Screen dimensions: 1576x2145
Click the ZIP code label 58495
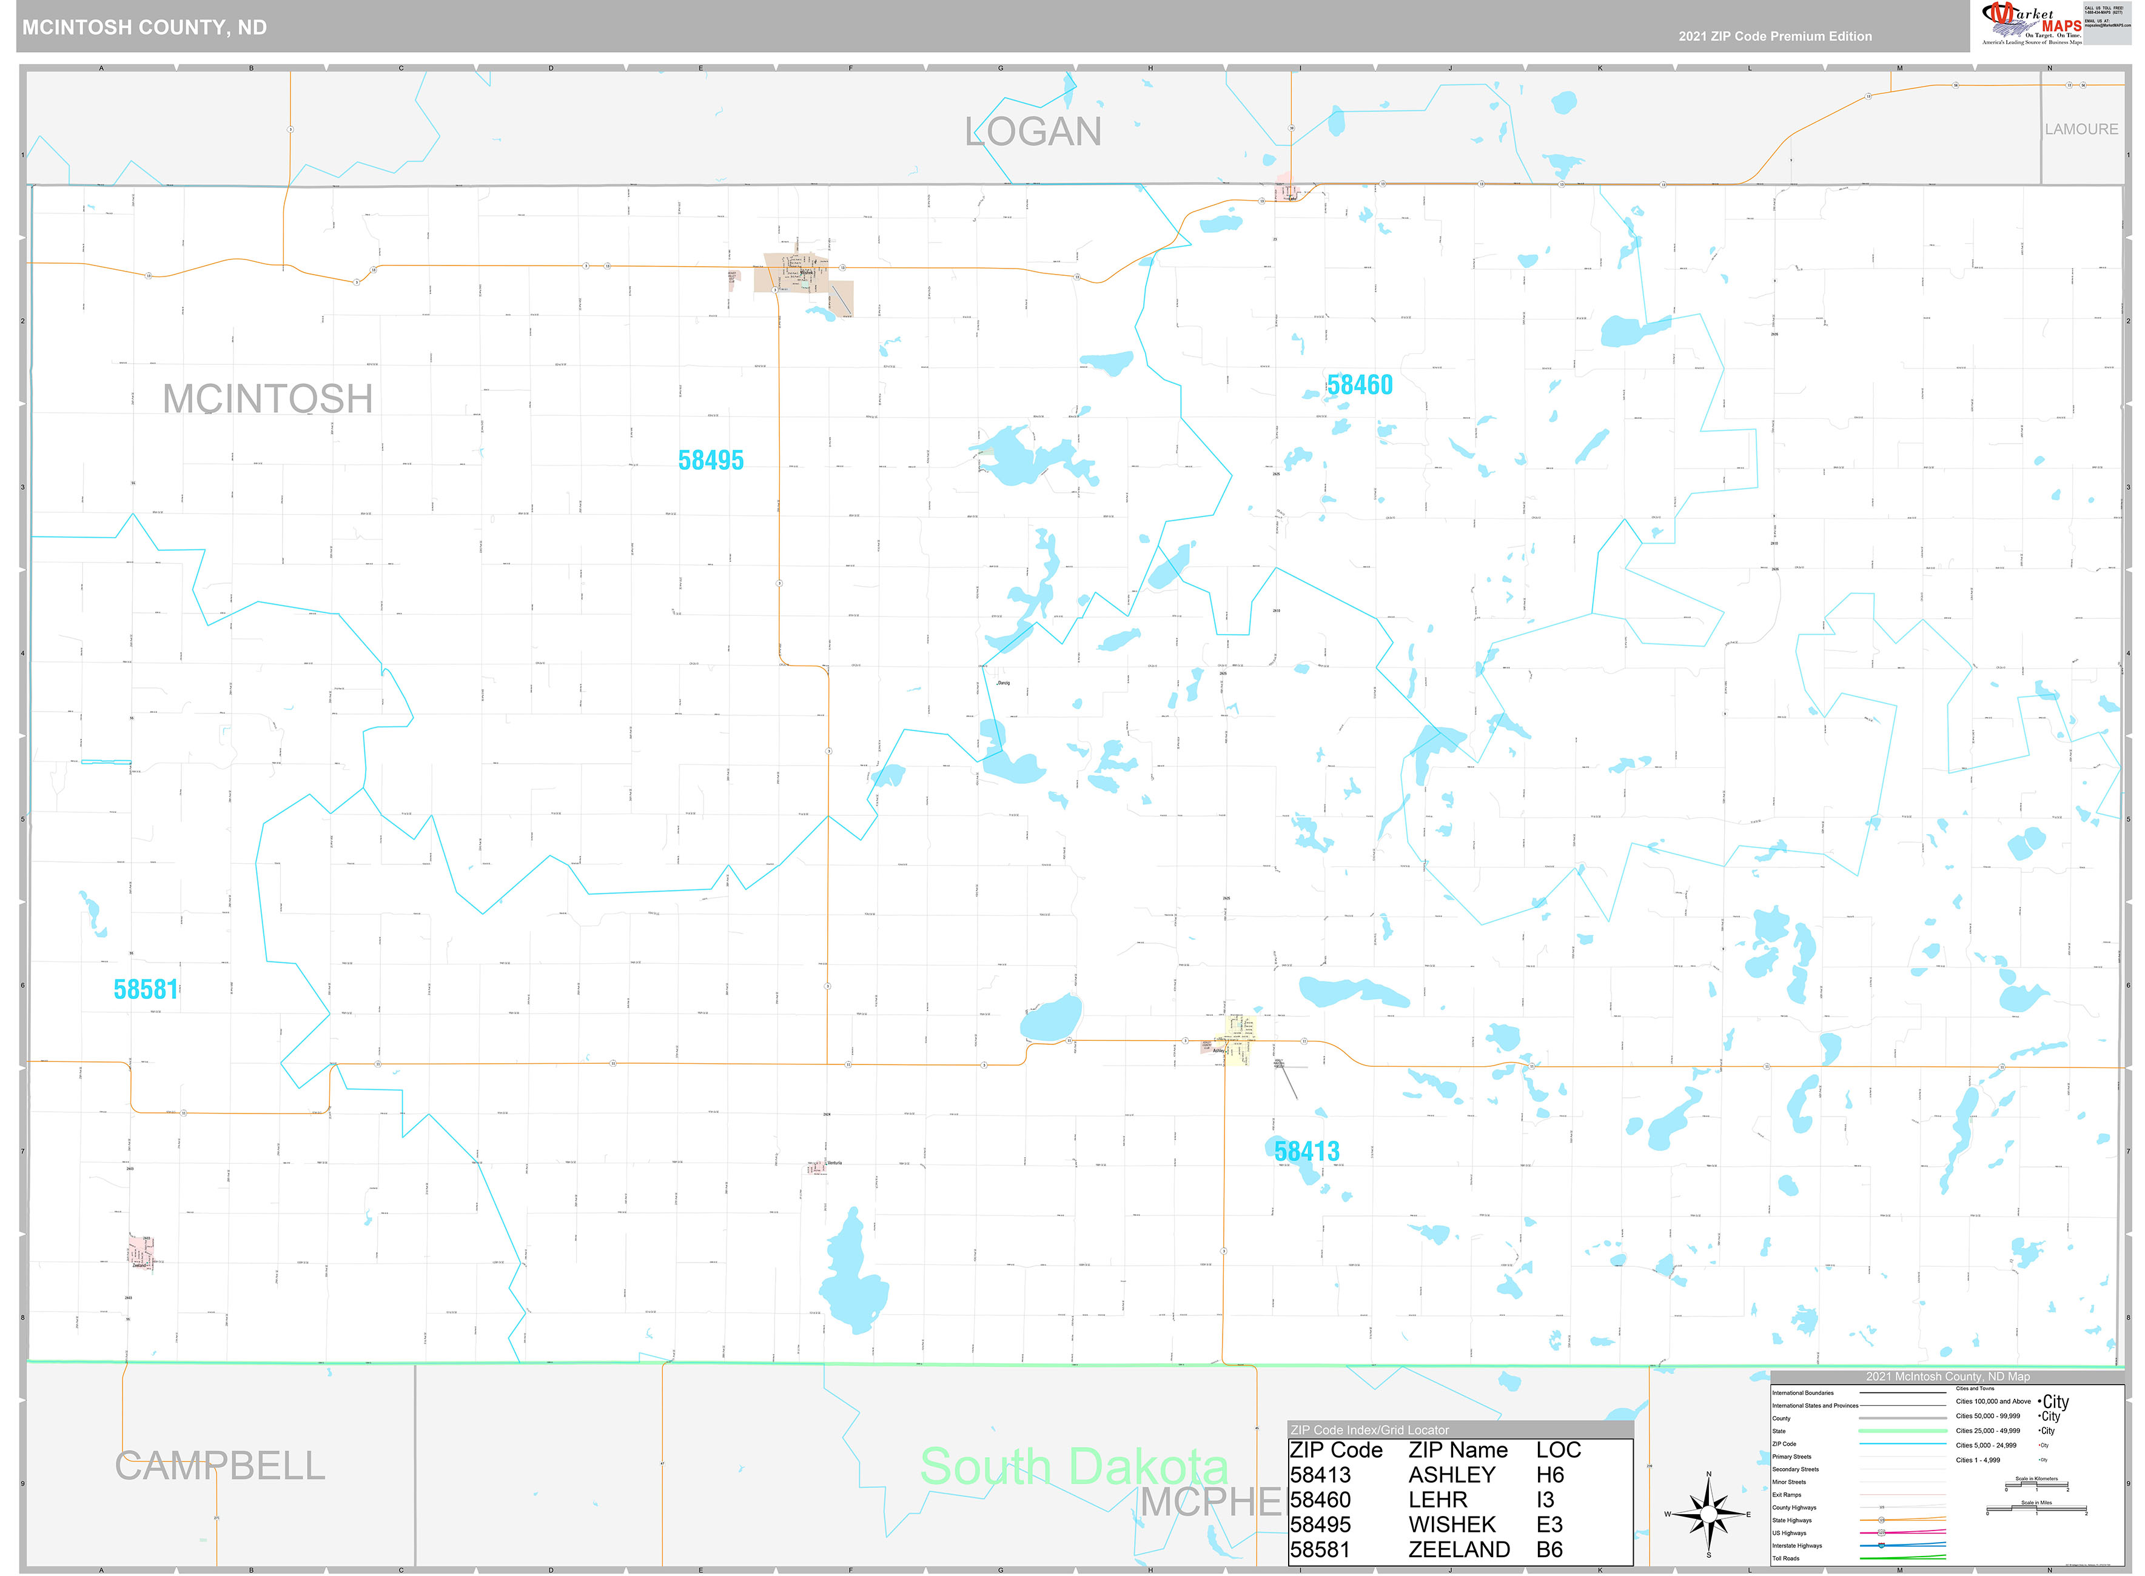tap(711, 461)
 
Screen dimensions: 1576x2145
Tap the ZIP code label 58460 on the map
tap(1359, 386)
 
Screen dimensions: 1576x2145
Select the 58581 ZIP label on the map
tap(146, 989)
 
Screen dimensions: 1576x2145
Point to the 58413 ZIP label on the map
tap(1306, 1152)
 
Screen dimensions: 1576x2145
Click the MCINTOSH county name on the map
tap(267, 399)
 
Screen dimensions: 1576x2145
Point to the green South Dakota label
tap(1073, 1466)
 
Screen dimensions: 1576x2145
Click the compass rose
tap(1708, 1514)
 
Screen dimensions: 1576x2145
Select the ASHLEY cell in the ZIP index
tap(1451, 1475)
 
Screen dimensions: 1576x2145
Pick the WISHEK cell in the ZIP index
tap(1451, 1524)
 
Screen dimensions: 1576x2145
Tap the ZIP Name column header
tap(1458, 1450)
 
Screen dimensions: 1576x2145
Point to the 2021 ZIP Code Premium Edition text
tap(1775, 36)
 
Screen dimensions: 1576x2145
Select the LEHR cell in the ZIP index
tap(1437, 1500)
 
